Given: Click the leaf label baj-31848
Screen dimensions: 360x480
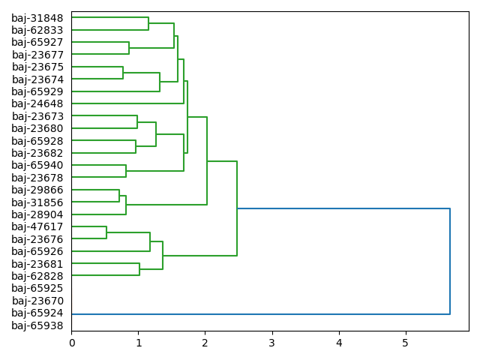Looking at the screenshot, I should click(x=37, y=18).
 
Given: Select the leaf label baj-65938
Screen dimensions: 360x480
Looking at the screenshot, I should click(x=37, y=325).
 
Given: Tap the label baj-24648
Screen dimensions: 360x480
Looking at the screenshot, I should click(x=37, y=103).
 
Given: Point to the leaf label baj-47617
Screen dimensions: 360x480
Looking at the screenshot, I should click(x=37, y=226).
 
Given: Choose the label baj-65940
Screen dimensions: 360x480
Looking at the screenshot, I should click(x=37, y=165).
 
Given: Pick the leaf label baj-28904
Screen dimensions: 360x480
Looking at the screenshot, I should click(x=37, y=214).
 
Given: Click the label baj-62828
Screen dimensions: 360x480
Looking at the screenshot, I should click(x=37, y=276).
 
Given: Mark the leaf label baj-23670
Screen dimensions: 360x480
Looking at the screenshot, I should click(x=37, y=301).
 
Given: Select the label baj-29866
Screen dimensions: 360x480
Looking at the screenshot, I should click(x=37, y=190).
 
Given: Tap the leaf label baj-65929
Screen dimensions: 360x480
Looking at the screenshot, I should click(x=37, y=91).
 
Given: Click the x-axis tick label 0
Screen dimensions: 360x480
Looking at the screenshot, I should click(x=72, y=343).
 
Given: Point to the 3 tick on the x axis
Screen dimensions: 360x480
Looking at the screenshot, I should click(x=272, y=343).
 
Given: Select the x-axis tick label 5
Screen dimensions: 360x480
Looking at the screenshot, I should click(x=406, y=343).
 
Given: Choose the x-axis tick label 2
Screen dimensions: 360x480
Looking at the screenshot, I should click(x=205, y=343).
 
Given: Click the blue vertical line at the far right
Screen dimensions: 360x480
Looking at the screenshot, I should click(x=450, y=261).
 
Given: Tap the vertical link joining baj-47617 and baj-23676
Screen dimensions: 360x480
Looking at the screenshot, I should click(x=106, y=232).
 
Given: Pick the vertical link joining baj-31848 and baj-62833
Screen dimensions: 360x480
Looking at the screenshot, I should click(x=148, y=24).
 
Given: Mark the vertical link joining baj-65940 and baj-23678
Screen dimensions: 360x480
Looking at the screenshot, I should click(x=126, y=171).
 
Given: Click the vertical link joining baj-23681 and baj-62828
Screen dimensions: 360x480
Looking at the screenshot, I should click(x=139, y=270).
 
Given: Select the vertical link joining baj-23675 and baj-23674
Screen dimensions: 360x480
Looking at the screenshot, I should click(x=123, y=73).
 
